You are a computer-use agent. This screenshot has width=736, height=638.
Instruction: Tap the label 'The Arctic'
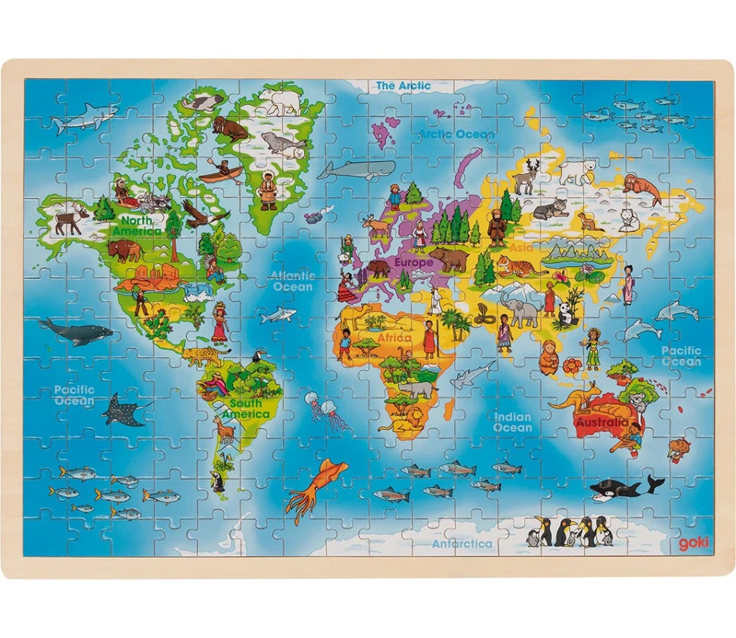[x=403, y=86]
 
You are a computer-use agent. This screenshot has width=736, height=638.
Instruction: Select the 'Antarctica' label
[x=461, y=544]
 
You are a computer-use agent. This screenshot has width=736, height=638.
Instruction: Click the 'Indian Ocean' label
[x=512, y=422]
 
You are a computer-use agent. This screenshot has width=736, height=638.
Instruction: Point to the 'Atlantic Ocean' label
[x=293, y=281]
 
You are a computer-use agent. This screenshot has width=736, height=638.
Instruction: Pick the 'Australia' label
[x=602, y=423]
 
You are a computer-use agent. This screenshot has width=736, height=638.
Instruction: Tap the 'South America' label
[x=245, y=408]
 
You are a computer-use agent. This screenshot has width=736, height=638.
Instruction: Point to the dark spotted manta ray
[x=123, y=411]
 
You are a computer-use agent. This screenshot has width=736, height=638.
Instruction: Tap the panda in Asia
[x=566, y=315]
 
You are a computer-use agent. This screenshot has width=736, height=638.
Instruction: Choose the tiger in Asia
[x=520, y=266]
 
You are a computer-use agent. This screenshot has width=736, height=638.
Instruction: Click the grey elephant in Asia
[x=520, y=309]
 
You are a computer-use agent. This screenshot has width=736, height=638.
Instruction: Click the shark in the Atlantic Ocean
[x=278, y=315]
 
